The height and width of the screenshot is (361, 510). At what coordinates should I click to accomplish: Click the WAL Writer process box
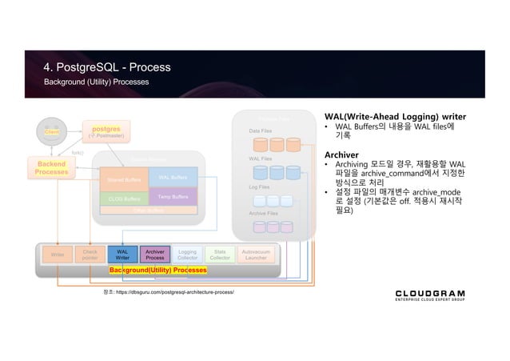(122, 255)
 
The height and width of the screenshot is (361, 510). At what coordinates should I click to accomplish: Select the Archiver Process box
(155, 255)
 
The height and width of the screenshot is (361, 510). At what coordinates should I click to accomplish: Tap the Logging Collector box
(187, 255)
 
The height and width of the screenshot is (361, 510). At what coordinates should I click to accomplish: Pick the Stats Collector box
(220, 255)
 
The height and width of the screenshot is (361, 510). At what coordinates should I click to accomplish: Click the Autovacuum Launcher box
(256, 255)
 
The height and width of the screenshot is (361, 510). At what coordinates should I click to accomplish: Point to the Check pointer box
(90, 255)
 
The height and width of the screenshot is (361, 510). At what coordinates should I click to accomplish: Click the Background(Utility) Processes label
(157, 271)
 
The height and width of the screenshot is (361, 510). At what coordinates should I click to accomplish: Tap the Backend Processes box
(52, 168)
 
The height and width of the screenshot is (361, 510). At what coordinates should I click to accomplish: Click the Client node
(52, 130)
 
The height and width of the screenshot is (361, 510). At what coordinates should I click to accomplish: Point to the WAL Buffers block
(173, 177)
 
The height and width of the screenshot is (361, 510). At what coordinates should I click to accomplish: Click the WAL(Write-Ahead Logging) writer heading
(395, 116)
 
